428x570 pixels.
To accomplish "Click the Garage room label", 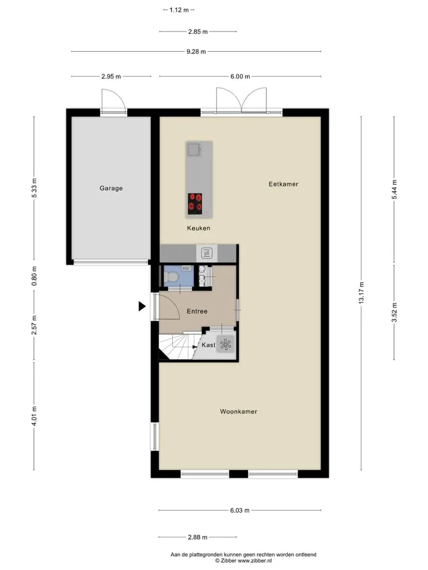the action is (x=111, y=188).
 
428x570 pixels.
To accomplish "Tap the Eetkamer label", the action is (x=284, y=184).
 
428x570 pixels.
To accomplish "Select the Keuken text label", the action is (x=199, y=228).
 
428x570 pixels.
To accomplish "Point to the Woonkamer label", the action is (x=238, y=411).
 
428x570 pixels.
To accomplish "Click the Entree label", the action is (x=197, y=311).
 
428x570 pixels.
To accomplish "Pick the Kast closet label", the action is (x=209, y=345).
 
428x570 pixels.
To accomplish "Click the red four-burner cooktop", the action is (x=195, y=204).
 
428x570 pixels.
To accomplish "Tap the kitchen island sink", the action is (x=194, y=150).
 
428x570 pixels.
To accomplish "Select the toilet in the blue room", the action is (x=171, y=277).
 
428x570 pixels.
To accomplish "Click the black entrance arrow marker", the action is (x=142, y=306).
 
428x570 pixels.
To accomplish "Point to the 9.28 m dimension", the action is (x=196, y=52).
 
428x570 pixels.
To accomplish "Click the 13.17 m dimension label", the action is (x=361, y=293).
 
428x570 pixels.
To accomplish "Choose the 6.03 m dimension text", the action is (x=240, y=511).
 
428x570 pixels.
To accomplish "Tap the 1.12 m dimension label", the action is (x=179, y=10).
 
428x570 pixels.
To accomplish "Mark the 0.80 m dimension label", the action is (x=34, y=276).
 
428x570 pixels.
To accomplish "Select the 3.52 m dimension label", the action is (x=394, y=312).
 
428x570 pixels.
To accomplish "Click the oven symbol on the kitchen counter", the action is (x=207, y=253).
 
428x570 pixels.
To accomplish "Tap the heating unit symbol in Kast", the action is (x=225, y=344).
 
